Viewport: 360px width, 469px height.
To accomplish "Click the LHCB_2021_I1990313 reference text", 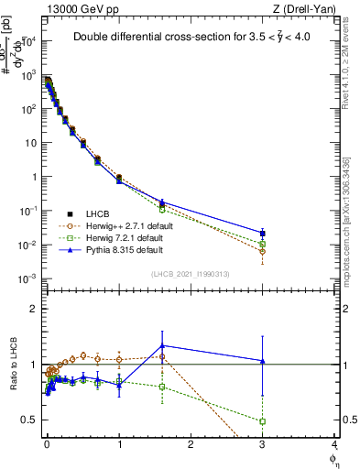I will tap(190, 274).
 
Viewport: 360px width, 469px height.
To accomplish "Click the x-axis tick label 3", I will tap(263, 444).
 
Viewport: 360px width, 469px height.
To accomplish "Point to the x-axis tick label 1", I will tap(119, 444).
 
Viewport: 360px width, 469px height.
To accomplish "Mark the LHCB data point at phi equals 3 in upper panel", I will tap(263, 233).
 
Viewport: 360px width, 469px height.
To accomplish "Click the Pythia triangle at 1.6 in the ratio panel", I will tap(162, 345).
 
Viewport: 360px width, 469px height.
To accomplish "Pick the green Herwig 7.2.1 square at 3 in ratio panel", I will tap(263, 421).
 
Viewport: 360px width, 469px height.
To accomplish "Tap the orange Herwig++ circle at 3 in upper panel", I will tap(263, 251).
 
